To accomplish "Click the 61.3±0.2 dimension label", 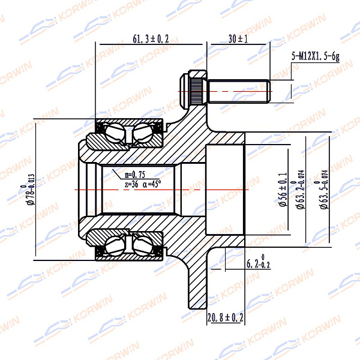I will (x=151, y=40).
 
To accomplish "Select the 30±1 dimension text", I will (x=238, y=40).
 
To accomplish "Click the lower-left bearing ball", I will (x=115, y=245).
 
